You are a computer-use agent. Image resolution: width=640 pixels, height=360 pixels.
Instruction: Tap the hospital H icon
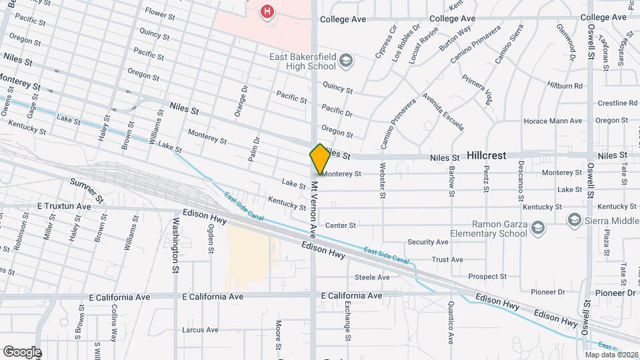pyautogui.click(x=267, y=11)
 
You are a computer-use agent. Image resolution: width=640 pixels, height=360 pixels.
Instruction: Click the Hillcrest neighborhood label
pyautogui.click(x=486, y=155)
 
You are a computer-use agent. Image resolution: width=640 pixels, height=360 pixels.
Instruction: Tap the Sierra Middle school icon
pyautogui.click(x=573, y=219)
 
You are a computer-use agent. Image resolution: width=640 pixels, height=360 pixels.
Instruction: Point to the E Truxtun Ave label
pyautogui.click(x=64, y=207)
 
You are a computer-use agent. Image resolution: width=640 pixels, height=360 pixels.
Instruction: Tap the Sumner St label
pyautogui.click(x=87, y=191)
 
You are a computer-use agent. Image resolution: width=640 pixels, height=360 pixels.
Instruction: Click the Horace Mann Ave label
pyautogui.click(x=553, y=121)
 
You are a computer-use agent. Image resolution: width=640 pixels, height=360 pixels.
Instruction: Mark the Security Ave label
pyautogui.click(x=427, y=242)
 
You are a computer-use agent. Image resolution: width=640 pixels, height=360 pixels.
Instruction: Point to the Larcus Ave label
pyautogui.click(x=200, y=330)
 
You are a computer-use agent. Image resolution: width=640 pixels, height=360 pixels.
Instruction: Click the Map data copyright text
pyautogui.click(x=611, y=354)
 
